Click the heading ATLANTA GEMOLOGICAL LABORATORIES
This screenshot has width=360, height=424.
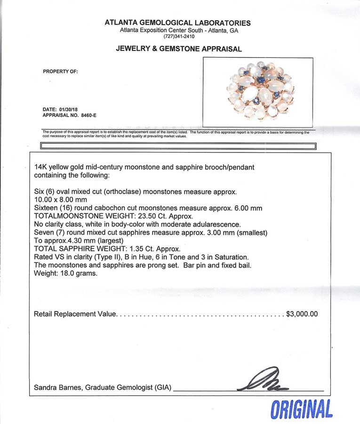[177, 23]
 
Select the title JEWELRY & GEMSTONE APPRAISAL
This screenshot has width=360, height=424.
[179, 49]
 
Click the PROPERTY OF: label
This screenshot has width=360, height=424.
[60, 72]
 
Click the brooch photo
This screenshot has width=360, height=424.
[258, 91]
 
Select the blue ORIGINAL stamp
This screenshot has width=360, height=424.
[301, 408]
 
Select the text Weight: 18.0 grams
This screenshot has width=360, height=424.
[66, 273]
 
